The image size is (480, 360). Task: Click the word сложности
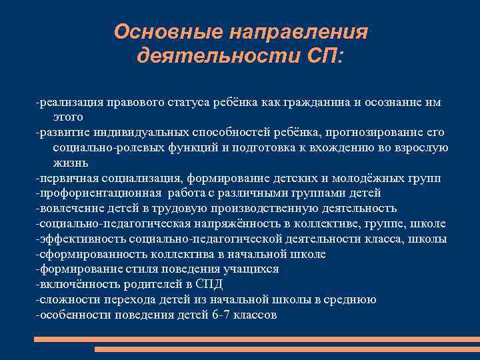tap(65, 300)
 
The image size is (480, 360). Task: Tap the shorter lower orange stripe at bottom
tap(287, 349)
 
